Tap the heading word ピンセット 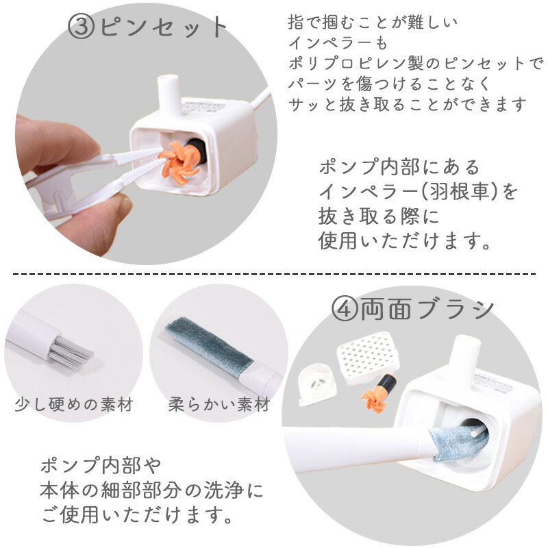(x=163, y=27)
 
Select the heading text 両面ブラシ (x=425, y=309)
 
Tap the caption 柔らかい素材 (x=219, y=405)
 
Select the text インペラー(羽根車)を (x=418, y=192)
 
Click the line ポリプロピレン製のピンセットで (x=415, y=64)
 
